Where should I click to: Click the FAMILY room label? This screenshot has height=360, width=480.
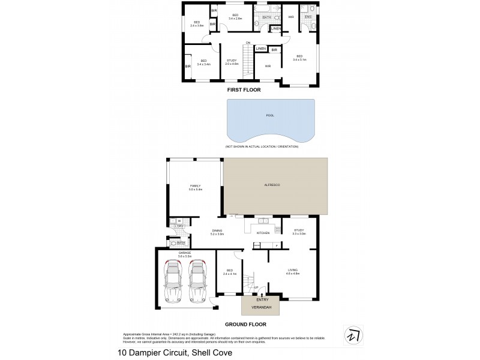(x=196, y=186)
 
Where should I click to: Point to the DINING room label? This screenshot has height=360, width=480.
(x=217, y=231)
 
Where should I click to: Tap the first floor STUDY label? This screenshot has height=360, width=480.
(x=232, y=61)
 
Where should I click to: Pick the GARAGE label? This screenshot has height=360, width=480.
(x=185, y=254)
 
